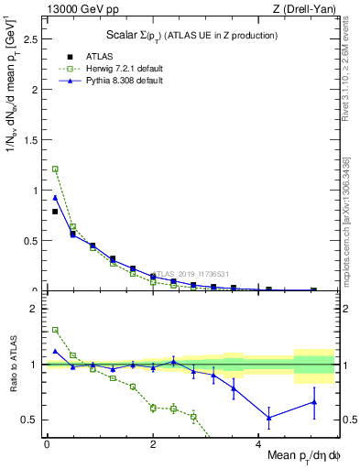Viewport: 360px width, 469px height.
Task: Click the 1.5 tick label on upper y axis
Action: (x=32, y=141)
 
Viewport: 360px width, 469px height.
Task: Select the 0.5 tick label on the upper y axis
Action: (x=32, y=241)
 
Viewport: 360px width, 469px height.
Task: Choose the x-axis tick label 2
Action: (x=153, y=443)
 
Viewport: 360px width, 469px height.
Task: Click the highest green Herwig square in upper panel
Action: (x=55, y=169)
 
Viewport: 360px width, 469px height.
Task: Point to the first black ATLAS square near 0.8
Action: (x=55, y=212)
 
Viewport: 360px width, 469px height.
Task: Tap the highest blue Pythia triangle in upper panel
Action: (x=55, y=198)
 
